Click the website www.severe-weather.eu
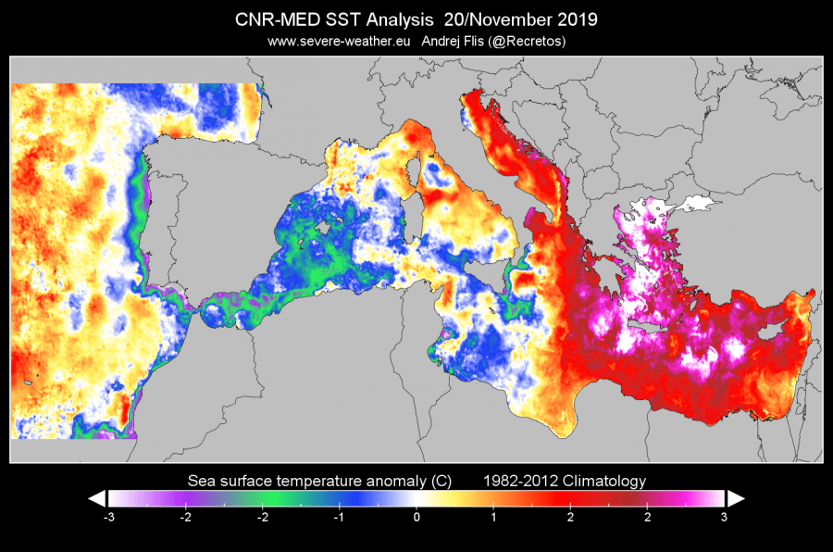(x=340, y=41)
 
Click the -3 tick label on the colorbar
(x=109, y=517)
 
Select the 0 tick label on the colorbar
(x=416, y=517)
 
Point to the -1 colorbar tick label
(x=339, y=517)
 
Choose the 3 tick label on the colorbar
(x=724, y=517)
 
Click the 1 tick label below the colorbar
(x=493, y=517)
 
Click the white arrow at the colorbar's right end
(x=735, y=498)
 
